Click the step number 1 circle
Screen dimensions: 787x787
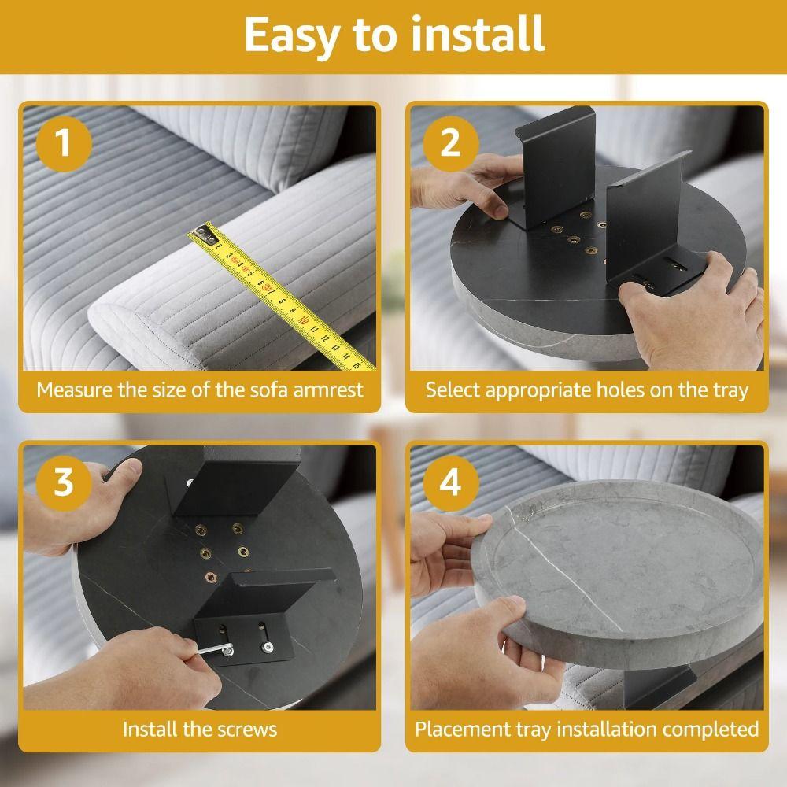64,143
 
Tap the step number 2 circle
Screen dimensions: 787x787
451,143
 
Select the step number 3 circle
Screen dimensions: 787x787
64,483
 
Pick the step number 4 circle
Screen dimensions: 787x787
451,483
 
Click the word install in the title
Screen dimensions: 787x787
477,34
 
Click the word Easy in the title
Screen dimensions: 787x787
290,35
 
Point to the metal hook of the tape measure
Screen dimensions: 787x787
205,233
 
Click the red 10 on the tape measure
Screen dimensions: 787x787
303,320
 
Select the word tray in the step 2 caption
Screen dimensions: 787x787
731,390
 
